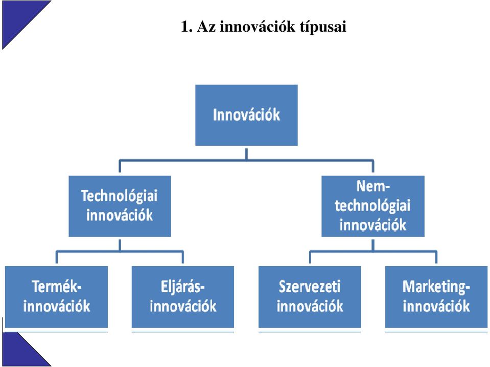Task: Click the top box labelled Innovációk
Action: point(246,115)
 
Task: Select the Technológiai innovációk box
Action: point(120,206)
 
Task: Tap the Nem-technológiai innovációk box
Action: point(373,206)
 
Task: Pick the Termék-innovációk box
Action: point(57,297)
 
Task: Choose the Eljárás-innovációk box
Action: point(183,297)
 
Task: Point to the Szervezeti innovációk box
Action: point(310,297)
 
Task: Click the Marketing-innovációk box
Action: point(436,297)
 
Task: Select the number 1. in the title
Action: point(186,27)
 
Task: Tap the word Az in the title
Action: point(206,27)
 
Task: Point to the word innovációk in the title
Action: point(258,26)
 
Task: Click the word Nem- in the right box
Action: point(373,187)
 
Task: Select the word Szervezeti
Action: point(309,287)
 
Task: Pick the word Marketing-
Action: point(436,287)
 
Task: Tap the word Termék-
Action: point(57,287)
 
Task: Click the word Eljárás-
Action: point(183,287)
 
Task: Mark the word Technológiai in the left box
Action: point(120,196)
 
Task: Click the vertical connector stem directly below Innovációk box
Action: point(246,154)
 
